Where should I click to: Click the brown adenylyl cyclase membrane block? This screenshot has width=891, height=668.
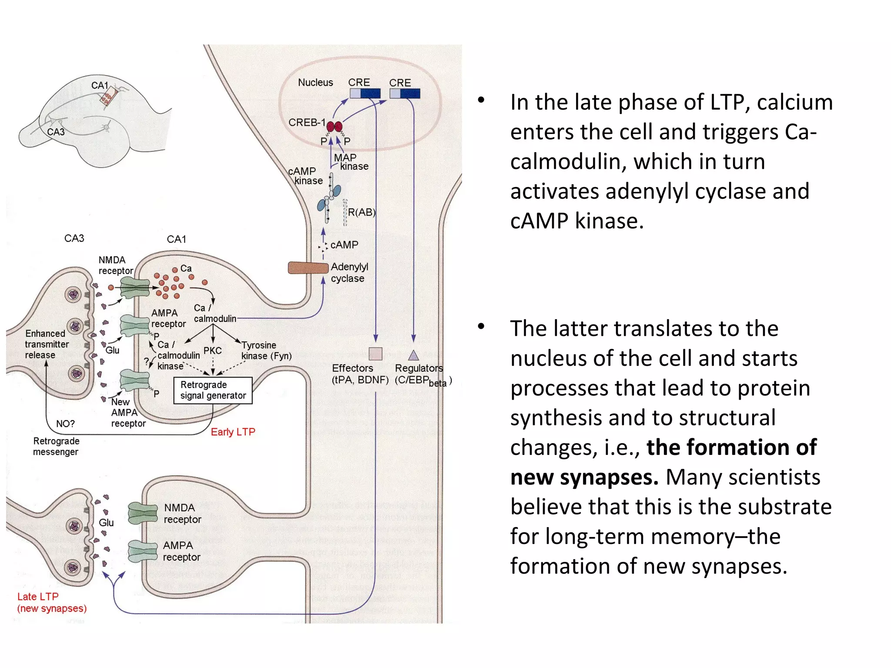(308, 267)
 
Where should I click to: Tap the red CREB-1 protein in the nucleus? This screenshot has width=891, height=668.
(334, 127)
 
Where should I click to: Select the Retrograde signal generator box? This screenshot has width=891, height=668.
(213, 390)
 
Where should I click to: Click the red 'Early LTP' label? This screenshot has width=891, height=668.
(233, 432)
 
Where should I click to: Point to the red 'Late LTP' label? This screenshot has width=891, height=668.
(38, 596)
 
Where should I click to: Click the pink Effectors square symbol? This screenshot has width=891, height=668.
(375, 354)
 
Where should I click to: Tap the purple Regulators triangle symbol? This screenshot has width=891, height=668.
(413, 355)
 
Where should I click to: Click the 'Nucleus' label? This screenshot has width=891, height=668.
(315, 82)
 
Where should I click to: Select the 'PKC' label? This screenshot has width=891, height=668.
(212, 351)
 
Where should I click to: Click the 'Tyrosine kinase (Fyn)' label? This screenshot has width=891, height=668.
(266, 351)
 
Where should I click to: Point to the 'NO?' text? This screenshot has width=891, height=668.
(65, 424)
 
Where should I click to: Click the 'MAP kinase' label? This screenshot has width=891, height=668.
(350, 162)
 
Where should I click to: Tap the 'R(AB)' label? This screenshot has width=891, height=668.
(361, 212)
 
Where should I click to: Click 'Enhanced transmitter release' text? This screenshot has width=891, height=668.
(46, 344)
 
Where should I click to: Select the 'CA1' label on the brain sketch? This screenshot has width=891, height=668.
(99, 85)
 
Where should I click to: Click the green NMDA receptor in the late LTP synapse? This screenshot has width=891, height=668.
(143, 512)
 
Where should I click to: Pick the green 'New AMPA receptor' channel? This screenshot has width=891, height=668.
(134, 380)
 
